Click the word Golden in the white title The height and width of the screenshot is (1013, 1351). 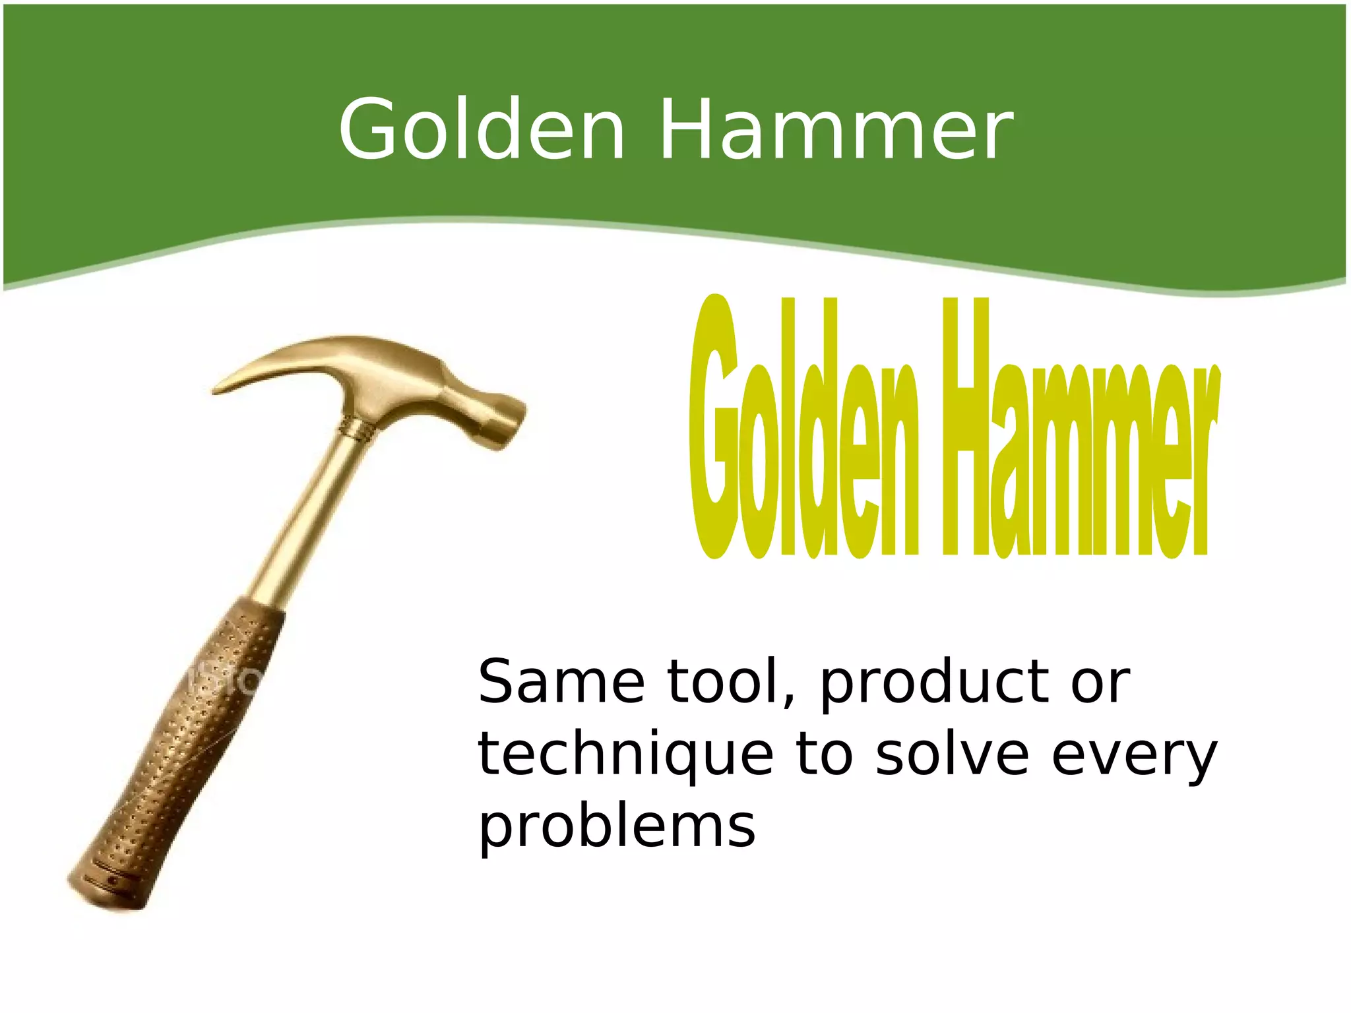(x=481, y=129)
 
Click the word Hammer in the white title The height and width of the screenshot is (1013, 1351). (x=836, y=129)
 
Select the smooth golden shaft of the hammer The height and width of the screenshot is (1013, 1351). (x=310, y=514)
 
